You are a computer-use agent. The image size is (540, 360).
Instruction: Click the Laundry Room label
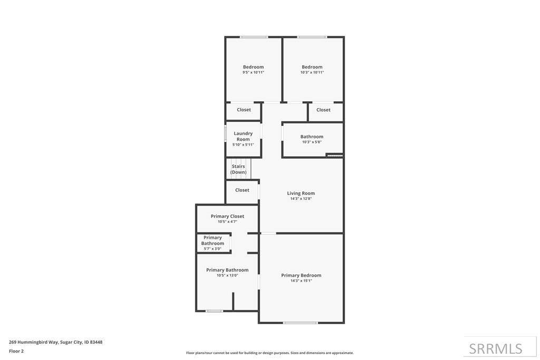243,137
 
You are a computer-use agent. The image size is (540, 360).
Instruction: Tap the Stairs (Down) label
238,169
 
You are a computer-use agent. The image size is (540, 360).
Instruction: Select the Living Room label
301,193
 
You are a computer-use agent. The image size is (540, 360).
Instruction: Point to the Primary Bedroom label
301,275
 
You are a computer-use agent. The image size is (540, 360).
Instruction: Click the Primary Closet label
227,216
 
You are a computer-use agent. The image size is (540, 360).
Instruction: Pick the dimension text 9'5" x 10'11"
254,73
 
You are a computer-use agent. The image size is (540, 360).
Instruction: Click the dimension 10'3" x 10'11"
312,73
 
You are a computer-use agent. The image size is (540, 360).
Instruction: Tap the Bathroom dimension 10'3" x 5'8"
312,142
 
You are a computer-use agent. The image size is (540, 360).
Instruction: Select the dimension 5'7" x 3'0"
213,249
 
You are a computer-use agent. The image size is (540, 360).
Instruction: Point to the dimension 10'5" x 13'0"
227,276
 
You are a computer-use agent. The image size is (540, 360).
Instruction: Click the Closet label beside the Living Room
242,190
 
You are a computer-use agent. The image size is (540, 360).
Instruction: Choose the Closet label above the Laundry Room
244,110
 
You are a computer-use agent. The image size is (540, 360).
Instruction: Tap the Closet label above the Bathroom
323,110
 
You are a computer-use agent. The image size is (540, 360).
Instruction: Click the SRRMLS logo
496,349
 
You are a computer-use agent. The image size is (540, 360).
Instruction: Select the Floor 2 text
16,352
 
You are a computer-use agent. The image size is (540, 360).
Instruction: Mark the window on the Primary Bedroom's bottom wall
300,323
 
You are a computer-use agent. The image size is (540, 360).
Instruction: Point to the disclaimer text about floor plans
270,353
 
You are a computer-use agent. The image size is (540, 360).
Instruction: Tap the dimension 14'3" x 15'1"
301,281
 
